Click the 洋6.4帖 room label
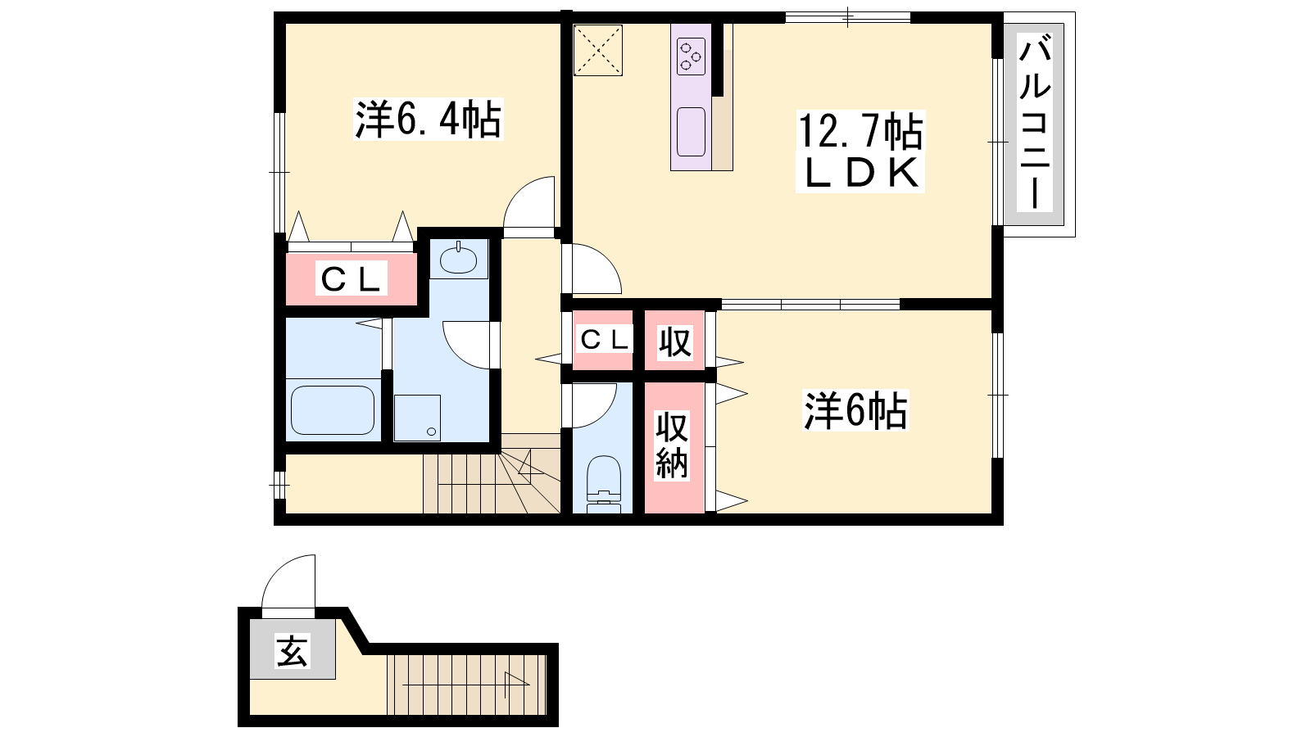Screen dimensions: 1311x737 click(x=429, y=120)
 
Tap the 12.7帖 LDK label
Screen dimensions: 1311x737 click(x=860, y=151)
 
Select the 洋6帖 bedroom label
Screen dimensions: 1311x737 click(x=855, y=410)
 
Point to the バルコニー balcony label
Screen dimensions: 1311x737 click(x=1035, y=122)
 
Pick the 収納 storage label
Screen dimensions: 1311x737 click(x=672, y=445)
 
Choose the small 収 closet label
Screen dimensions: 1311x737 click(x=675, y=342)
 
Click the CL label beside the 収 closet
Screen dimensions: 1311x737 click(x=603, y=339)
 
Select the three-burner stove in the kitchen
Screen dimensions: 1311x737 click(x=691, y=57)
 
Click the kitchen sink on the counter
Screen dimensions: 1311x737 click(x=691, y=132)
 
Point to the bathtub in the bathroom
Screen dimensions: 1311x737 click(x=333, y=410)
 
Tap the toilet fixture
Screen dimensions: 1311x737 click(x=603, y=484)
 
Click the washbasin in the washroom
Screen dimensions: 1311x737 click(x=458, y=259)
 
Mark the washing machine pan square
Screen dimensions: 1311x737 click(x=417, y=418)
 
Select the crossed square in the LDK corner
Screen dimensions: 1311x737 click(x=597, y=50)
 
